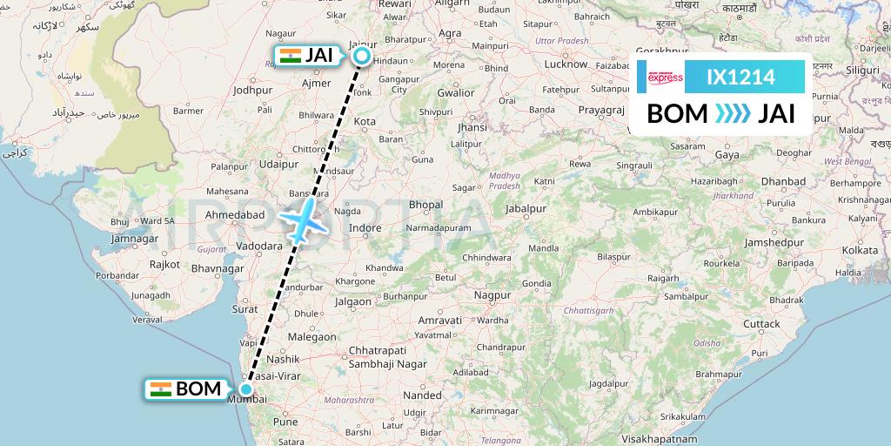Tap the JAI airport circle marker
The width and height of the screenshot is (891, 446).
tap(361, 57)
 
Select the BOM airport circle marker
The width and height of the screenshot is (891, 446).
tap(247, 389)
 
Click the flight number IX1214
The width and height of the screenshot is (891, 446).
tap(740, 78)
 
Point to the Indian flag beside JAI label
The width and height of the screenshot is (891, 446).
tap(290, 56)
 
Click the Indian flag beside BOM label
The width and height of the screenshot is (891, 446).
tap(160, 389)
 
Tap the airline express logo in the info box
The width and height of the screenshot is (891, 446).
tap(666, 78)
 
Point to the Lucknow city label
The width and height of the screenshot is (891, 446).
tap(566, 64)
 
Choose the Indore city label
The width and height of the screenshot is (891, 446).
tap(365, 229)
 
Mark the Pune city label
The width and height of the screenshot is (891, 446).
tap(285, 421)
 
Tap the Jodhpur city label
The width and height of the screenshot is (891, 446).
tap(252, 90)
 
